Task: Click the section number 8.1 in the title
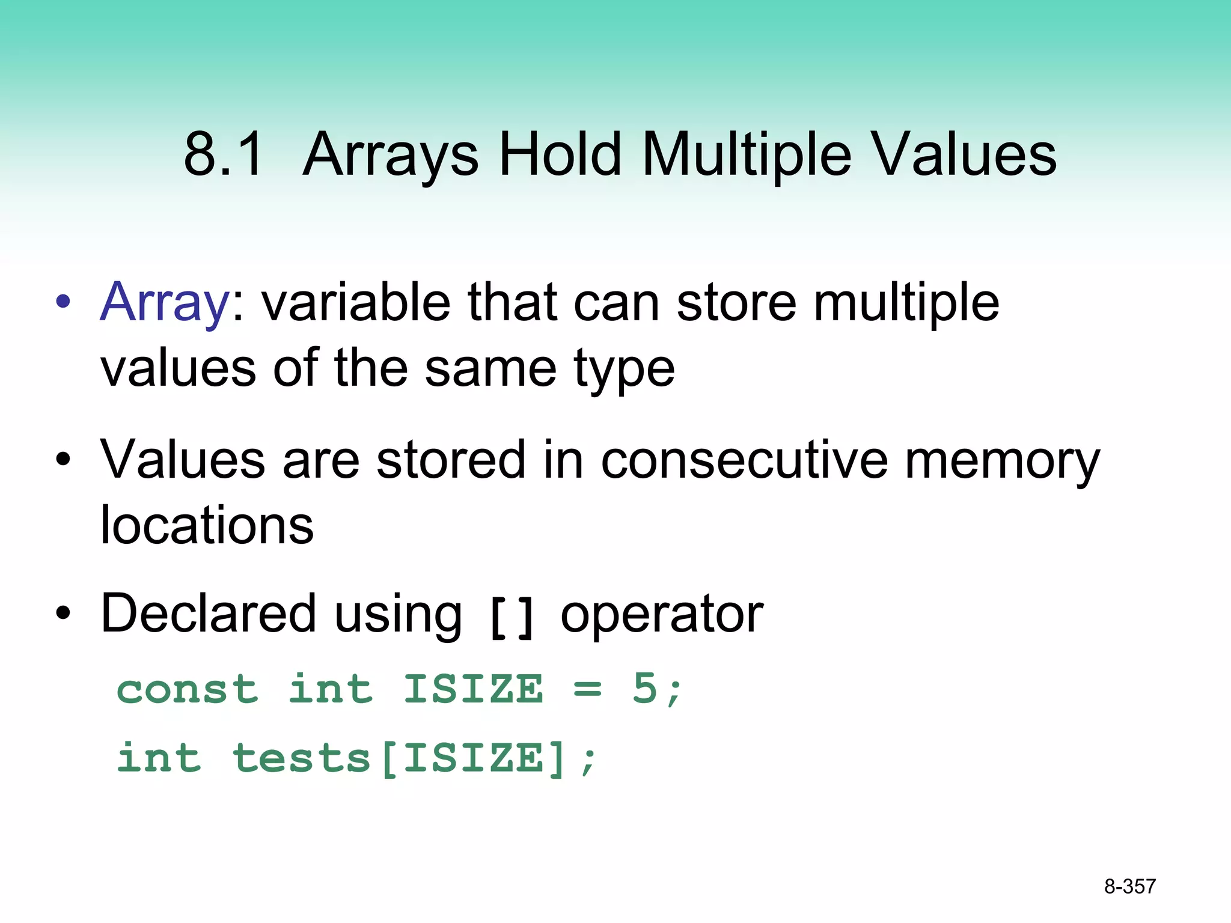tap(223, 155)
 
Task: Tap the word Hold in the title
tap(560, 155)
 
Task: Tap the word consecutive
tap(744, 460)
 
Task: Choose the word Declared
tap(209, 614)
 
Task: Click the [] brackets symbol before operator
tap(512, 618)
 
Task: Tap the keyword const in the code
tap(188, 689)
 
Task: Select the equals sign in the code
tap(587, 689)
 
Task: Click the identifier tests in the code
tap(302, 758)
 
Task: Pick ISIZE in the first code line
tap(473, 689)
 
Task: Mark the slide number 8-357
tap(1129, 886)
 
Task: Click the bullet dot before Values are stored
tap(63, 461)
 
